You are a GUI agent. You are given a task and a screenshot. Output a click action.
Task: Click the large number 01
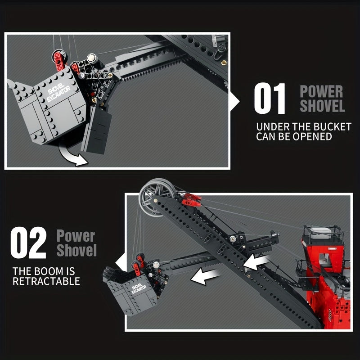coord(270,99)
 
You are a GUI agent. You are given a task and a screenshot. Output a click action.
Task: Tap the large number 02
coord(28,243)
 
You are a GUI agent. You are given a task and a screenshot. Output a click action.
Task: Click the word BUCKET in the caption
coord(332,127)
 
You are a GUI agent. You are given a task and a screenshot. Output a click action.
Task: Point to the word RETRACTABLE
coord(46,281)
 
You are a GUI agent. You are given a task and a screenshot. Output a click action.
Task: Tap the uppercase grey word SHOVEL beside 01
coord(323,106)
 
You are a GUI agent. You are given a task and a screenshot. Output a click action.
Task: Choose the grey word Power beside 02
coord(76,236)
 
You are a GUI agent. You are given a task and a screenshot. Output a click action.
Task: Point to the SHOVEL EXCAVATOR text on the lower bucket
coord(139,288)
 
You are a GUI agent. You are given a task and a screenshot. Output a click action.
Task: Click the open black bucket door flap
coord(97,130)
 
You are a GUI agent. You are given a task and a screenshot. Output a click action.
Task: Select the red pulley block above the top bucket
coord(58,60)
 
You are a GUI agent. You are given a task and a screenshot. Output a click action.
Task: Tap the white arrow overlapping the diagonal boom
coord(256,262)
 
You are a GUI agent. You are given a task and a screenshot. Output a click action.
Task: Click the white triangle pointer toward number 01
coord(234,101)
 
